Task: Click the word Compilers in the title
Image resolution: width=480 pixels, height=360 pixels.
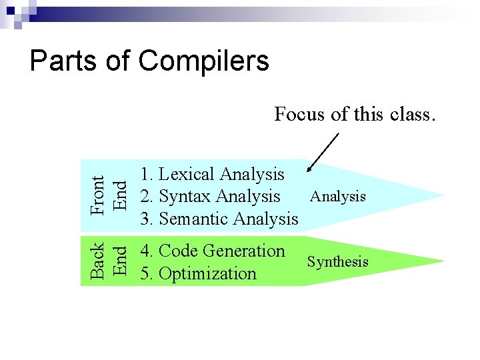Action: click(x=203, y=61)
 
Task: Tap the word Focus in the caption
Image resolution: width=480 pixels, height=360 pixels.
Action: click(x=301, y=114)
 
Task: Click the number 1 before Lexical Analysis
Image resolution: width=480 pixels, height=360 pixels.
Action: click(x=145, y=175)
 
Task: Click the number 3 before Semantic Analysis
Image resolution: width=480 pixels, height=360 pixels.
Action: click(x=145, y=219)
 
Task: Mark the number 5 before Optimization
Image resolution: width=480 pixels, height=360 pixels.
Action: click(x=145, y=273)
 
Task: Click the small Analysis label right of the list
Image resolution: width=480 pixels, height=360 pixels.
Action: click(x=338, y=196)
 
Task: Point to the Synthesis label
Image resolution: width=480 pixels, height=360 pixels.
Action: click(x=337, y=261)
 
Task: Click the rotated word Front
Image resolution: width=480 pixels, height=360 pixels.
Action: click(x=97, y=195)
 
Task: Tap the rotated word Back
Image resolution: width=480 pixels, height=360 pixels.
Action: click(x=97, y=260)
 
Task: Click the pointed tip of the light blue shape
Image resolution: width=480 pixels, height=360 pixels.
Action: click(x=442, y=195)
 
